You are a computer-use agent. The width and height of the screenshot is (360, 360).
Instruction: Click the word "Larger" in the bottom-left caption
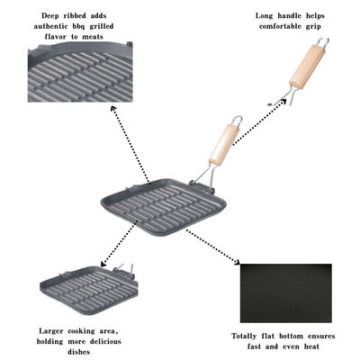click(x=51, y=331)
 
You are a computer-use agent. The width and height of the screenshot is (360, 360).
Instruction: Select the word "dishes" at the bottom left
click(x=79, y=352)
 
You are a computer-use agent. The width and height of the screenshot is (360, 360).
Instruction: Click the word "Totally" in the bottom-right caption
click(x=244, y=337)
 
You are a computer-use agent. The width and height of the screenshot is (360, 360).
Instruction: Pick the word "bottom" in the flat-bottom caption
click(x=291, y=336)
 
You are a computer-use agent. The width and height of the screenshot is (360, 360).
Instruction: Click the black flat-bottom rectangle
click(x=286, y=293)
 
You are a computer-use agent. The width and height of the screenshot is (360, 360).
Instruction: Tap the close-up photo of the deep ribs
click(x=80, y=72)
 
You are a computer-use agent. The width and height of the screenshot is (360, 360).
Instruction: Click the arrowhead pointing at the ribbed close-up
click(x=113, y=109)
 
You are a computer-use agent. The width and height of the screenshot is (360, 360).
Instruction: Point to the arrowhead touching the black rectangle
click(x=237, y=262)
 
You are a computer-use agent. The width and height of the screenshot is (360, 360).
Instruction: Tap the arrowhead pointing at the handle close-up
click(x=283, y=101)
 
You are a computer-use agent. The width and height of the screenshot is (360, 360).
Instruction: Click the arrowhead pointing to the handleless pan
click(x=103, y=264)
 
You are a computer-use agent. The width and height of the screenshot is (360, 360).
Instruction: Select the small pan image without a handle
click(x=89, y=289)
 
